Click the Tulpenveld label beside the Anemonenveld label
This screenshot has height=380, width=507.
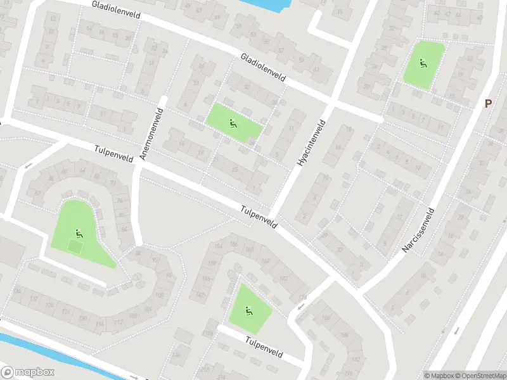tap(113, 155)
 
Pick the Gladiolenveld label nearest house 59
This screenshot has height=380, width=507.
tap(263, 67)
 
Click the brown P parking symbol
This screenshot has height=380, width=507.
tap(488, 104)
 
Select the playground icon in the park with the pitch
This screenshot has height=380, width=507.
tap(79, 232)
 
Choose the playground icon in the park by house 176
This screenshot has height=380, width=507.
tap(249, 310)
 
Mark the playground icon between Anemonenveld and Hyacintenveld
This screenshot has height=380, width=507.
tap(233, 123)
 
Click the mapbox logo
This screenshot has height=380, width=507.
tap(28, 372)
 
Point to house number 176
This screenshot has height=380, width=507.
tap(302, 297)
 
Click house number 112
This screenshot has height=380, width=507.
tap(118, 322)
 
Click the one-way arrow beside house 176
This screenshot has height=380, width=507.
tap(300, 307)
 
